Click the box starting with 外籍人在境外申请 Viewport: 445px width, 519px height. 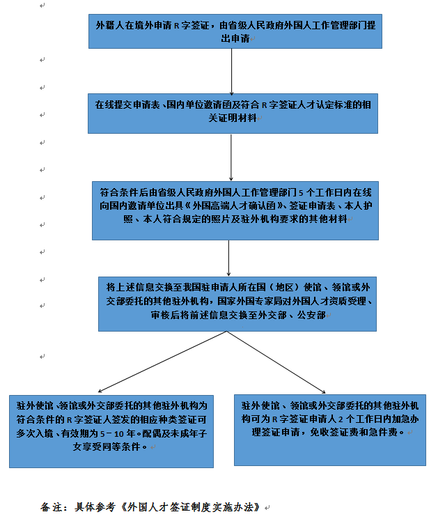click(x=235, y=31)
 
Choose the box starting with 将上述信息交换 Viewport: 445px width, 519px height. click(x=237, y=301)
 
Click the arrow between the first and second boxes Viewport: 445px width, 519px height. click(x=231, y=71)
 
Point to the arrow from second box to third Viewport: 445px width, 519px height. click(x=231, y=157)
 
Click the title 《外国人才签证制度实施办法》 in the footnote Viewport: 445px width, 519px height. click(x=190, y=506)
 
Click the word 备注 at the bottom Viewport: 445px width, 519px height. click(x=52, y=506)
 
